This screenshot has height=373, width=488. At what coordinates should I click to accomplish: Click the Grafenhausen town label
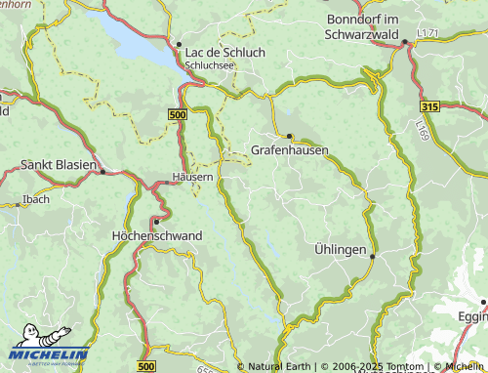289,150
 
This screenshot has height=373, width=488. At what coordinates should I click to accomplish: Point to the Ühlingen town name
340,250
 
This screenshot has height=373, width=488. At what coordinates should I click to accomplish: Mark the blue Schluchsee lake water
132,36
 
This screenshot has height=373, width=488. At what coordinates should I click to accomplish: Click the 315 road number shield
430,104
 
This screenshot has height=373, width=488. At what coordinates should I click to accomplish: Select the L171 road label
427,34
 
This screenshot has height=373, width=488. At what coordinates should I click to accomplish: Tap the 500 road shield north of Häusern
177,115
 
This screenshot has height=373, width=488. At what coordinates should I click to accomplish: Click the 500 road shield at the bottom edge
146,365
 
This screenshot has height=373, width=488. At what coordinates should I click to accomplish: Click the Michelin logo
49,353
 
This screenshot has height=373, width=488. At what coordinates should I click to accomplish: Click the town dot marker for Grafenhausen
290,136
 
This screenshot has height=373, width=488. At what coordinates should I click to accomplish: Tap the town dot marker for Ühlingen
373,255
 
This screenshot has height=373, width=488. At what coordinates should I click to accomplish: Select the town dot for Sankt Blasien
102,171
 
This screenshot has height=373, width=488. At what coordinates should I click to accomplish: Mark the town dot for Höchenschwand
155,222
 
